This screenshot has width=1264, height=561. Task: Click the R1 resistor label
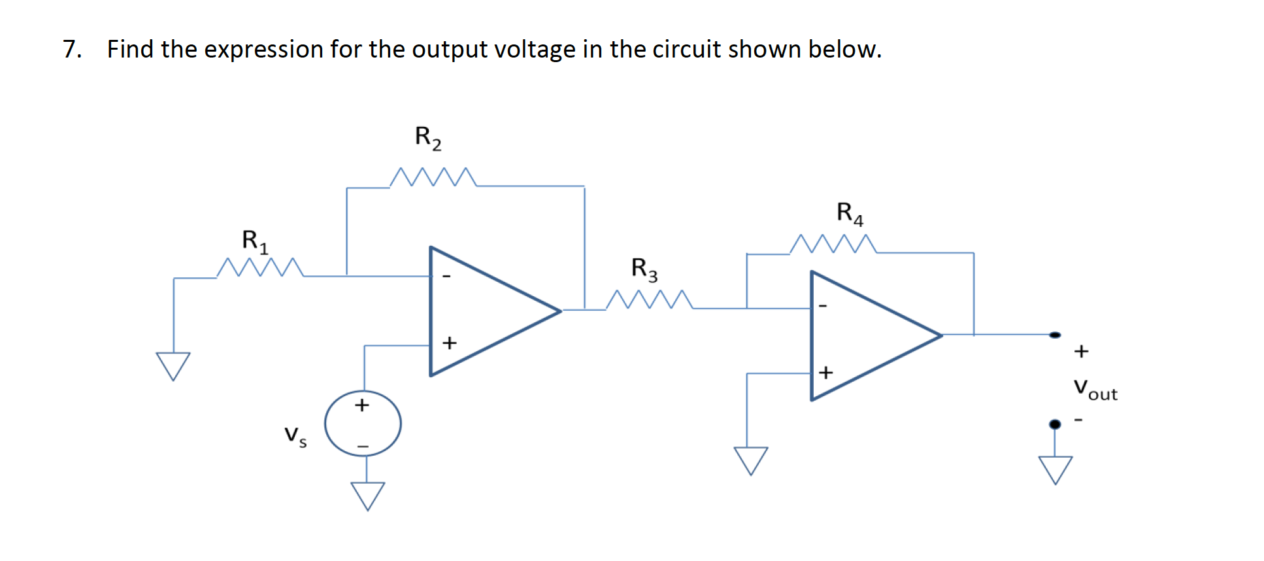pos(255,241)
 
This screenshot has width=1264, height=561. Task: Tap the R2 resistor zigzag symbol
pos(433,178)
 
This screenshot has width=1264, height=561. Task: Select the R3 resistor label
pos(644,269)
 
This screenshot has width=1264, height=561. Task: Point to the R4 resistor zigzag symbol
pos(833,244)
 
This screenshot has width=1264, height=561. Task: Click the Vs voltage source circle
pos(363,424)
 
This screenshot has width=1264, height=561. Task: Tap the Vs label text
pos(295,436)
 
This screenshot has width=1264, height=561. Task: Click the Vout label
pos(1095,390)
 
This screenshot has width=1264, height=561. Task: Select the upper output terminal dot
pos(1055,335)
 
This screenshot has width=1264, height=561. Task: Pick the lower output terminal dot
pos(1055,424)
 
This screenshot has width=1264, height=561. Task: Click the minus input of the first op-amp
pos(447,277)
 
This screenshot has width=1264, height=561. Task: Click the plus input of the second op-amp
pos(825,372)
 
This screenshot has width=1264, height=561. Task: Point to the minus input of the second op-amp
pos(823,305)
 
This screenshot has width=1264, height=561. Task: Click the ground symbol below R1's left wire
pos(173,365)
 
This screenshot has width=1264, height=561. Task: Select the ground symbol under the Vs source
pos(367,496)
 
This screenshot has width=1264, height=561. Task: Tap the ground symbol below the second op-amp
pos(750,460)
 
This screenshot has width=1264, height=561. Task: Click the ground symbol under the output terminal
pos(1055,469)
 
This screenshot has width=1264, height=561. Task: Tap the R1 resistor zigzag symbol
pos(259,267)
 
